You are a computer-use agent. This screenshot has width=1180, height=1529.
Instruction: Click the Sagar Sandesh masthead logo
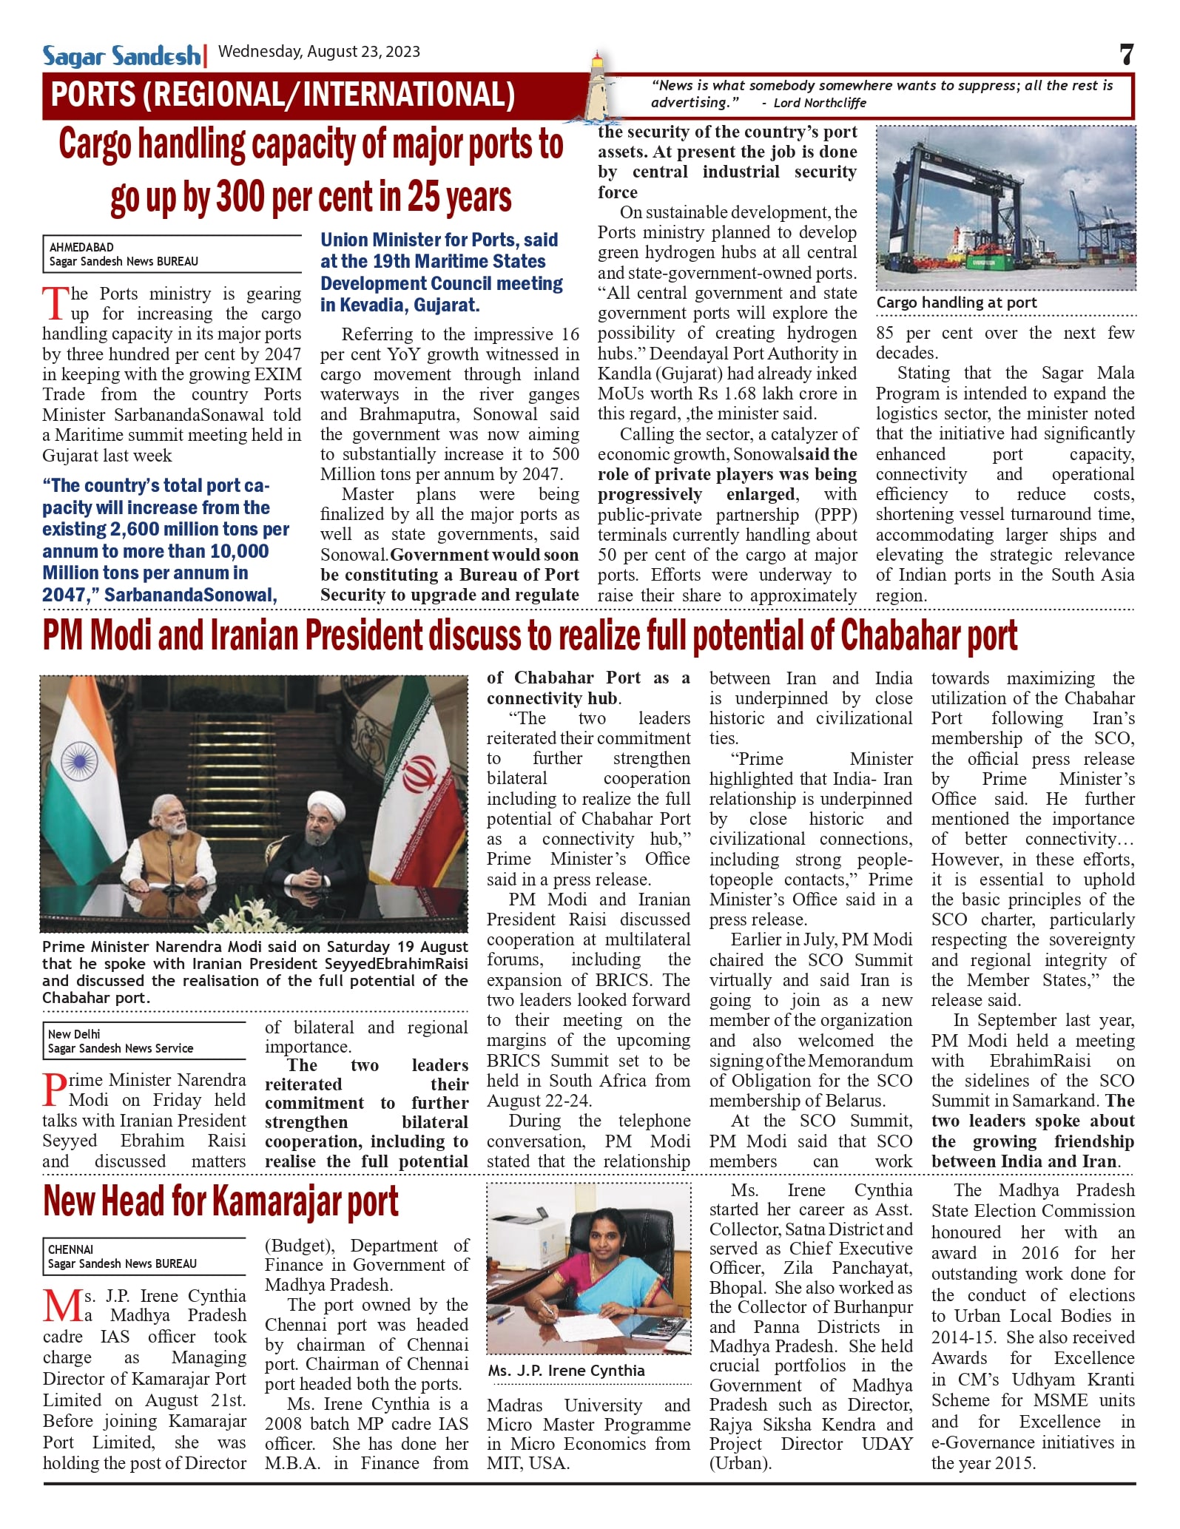(121, 55)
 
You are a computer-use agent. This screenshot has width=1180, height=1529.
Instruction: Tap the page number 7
(1126, 55)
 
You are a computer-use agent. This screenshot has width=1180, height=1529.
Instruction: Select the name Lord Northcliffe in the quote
(819, 103)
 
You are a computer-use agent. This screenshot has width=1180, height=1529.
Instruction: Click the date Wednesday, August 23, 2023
(319, 52)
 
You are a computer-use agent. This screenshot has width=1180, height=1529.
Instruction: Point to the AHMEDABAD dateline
(81, 247)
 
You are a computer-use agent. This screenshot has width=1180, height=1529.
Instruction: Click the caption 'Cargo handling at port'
(957, 303)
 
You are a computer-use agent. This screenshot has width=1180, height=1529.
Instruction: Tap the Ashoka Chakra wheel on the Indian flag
(79, 762)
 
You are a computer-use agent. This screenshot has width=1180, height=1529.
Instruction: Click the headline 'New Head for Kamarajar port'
(220, 1201)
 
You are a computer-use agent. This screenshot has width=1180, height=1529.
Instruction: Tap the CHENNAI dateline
(70, 1249)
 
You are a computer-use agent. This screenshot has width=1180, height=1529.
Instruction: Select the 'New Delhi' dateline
(74, 1034)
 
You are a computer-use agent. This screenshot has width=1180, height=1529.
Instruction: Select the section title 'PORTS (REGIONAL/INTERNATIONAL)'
(283, 95)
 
